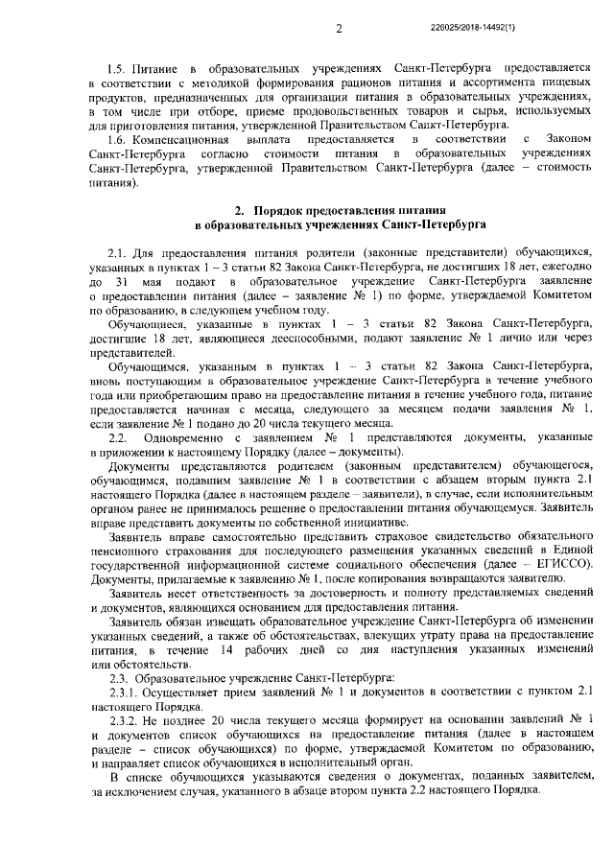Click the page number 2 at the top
tap(340, 29)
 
